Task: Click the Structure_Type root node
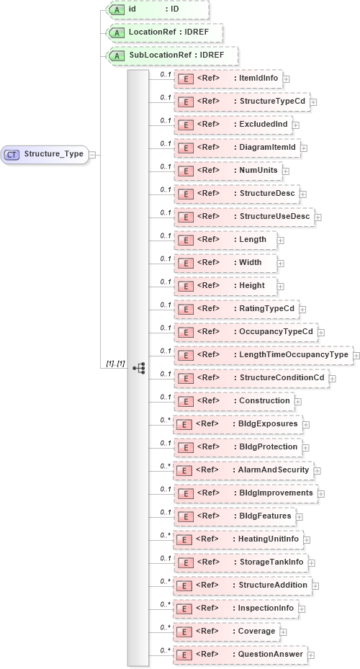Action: [x=45, y=154]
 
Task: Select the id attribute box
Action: [x=157, y=9]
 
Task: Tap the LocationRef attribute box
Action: [x=164, y=32]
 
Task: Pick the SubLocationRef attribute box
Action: [x=171, y=55]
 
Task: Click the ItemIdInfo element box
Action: [x=228, y=78]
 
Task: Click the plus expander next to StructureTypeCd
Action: [x=313, y=102]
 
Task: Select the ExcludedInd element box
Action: [x=233, y=125]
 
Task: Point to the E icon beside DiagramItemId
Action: [x=185, y=148]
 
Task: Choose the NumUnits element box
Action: [x=228, y=171]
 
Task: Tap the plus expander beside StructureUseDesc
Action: [x=318, y=217]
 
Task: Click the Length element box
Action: [x=225, y=240]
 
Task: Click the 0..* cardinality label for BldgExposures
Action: [x=165, y=421]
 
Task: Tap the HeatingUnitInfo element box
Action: [x=240, y=539]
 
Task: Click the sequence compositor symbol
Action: [x=139, y=367]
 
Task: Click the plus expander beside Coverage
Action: [x=284, y=632]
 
